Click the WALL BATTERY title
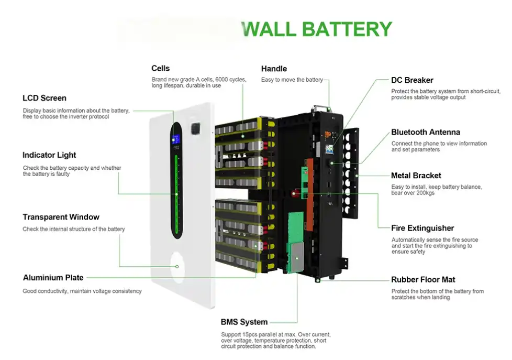pos(318,28)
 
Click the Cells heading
pos(160,69)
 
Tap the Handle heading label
pos(274,69)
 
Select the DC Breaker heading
pos(412,80)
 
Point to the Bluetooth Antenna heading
pos(426,132)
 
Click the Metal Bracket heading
pos(416,176)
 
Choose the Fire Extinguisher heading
pos(422,228)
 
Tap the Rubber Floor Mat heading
pos(424,280)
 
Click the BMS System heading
pos(244,322)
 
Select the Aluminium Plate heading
pos(53,278)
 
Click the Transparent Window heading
pos(61,217)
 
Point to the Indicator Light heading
pos(49,155)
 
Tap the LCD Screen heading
pos(44,98)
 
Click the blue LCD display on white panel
pos(176,140)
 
